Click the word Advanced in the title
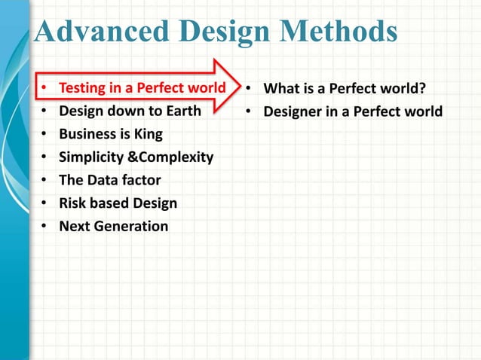tap(97, 32)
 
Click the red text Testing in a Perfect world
tap(142, 89)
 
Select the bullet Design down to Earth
tap(130, 112)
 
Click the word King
tap(147, 135)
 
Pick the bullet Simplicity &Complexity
tap(136, 157)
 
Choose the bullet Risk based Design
tap(118, 203)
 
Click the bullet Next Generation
tap(113, 226)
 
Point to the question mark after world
tap(422, 89)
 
